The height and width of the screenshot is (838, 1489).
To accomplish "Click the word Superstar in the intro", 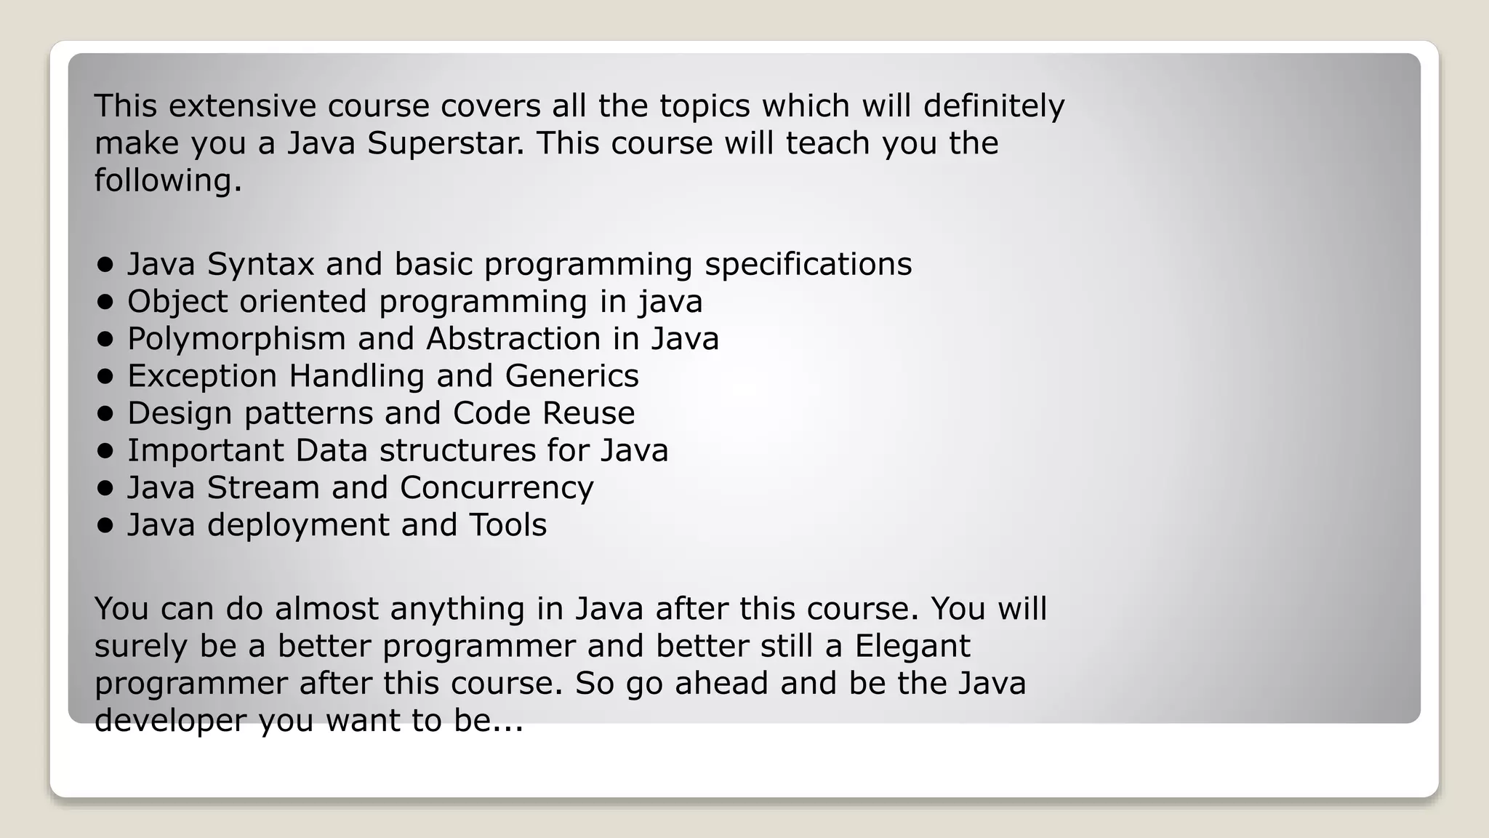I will (x=445, y=143).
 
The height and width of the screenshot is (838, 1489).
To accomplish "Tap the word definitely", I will (x=994, y=106).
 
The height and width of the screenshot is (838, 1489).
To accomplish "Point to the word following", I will (x=168, y=180).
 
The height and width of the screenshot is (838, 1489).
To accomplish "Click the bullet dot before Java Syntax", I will (x=105, y=264).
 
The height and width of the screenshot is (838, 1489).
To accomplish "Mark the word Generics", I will (x=572, y=376).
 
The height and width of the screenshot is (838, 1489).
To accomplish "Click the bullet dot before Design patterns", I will (x=105, y=413).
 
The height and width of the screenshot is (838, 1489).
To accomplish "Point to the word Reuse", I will (x=588, y=413).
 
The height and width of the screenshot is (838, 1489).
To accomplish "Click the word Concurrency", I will (x=497, y=487).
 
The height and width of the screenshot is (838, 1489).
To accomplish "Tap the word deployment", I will (x=298, y=525).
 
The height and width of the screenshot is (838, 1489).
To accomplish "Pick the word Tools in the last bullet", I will (x=507, y=525).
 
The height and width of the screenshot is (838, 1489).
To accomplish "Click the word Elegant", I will (x=912, y=646).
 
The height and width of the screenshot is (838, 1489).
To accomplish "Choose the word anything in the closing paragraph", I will (x=457, y=609).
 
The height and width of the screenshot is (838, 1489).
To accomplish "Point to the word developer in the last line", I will (x=171, y=720).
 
